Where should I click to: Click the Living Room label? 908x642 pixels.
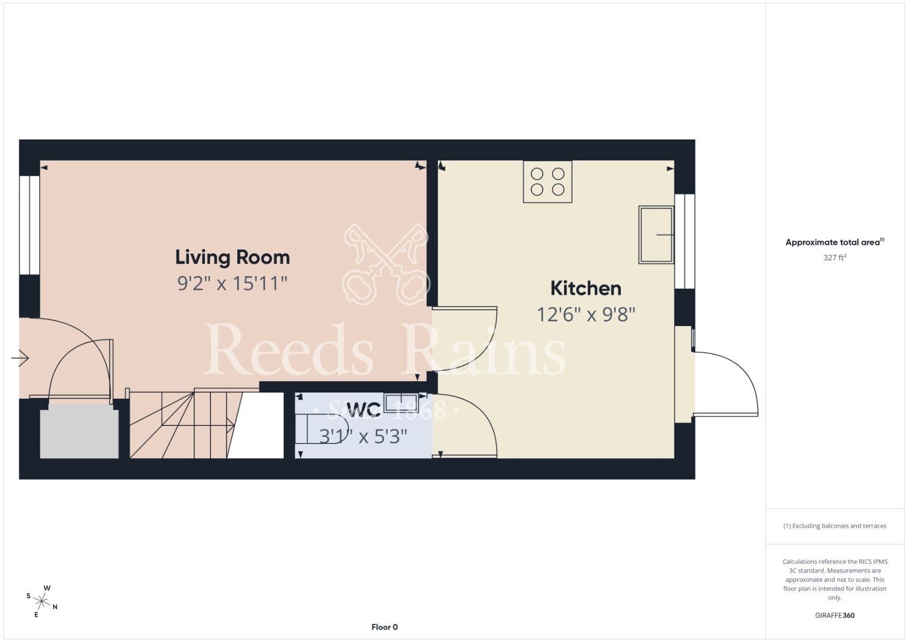[232, 257]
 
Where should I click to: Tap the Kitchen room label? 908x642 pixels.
[586, 289]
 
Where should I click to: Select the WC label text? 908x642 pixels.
[364, 409]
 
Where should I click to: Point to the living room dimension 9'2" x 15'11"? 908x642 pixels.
[232, 283]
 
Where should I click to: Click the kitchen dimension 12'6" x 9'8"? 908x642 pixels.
[586, 314]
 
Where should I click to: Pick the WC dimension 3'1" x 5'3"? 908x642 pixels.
[363, 437]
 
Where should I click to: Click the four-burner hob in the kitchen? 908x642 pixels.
[548, 182]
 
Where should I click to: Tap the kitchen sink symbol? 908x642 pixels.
[656, 235]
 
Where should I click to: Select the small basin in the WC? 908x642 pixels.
[401, 402]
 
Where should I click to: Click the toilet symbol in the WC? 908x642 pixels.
[322, 429]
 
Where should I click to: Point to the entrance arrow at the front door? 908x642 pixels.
[20, 358]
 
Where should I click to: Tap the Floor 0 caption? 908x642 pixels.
[385, 627]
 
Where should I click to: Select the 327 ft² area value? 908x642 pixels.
[835, 257]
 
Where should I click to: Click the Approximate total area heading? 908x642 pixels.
[835, 242]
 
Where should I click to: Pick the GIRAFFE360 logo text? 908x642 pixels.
[835, 615]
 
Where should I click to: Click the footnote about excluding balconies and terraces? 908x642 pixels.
[835, 526]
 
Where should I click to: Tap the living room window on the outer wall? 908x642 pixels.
[30, 225]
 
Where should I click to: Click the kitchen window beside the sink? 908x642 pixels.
[684, 242]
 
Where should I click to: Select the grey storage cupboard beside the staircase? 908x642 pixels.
[79, 433]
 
